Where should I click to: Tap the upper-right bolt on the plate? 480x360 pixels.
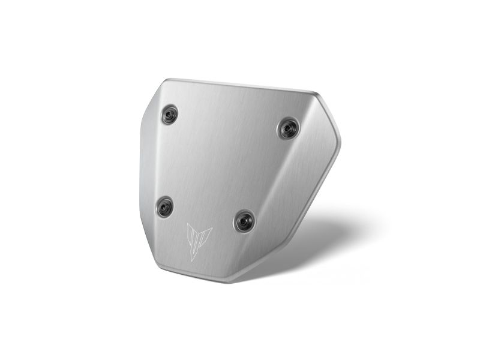point(289,128)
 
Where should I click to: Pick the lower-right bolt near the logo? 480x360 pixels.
point(244,220)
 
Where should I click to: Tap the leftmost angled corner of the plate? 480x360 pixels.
point(142,128)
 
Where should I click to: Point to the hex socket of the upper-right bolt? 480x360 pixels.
point(289,128)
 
